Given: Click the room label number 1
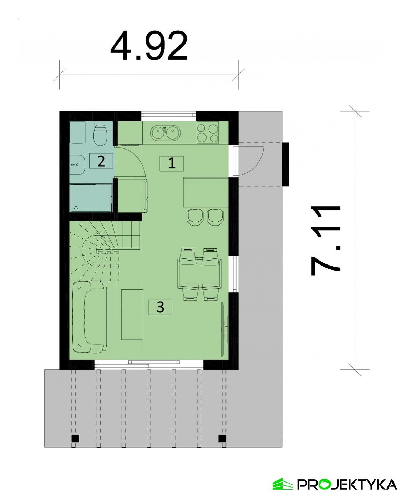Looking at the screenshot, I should pos(172,164).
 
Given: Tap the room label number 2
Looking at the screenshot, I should pos(101,161).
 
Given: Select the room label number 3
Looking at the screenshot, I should pos(160,307).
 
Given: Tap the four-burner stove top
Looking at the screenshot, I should pos(208,133).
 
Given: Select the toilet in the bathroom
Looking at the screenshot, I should pos(100,135).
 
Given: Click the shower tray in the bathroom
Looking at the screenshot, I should pos(91,197).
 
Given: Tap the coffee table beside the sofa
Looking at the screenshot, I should pos(132,314).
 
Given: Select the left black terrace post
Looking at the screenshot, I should pos(75,438).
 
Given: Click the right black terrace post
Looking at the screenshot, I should pos(222,438).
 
